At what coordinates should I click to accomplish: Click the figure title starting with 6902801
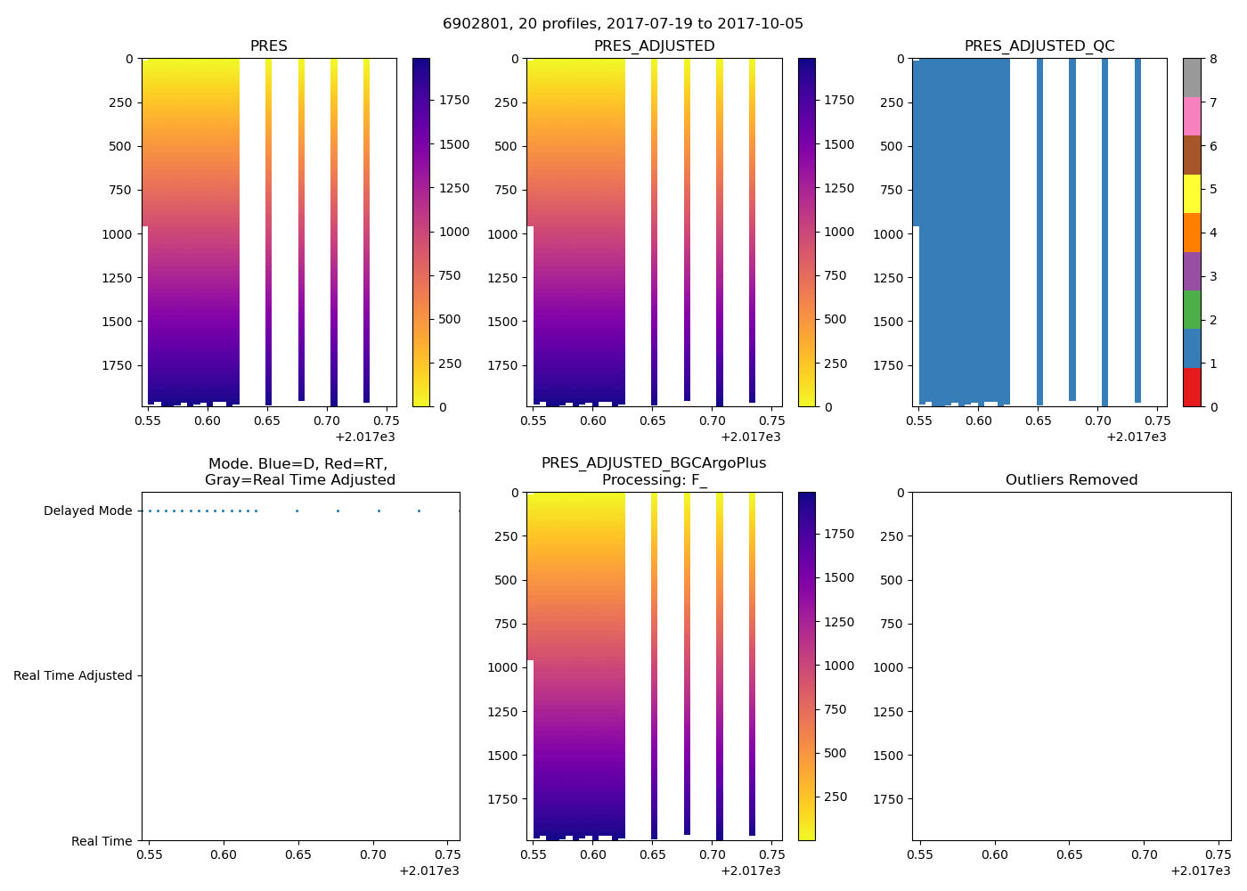623,24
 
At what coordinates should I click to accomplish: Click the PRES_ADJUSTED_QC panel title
1039,46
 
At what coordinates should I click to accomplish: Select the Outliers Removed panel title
1071,480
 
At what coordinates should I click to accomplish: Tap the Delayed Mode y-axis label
87,511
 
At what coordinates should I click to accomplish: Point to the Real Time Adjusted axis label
73,676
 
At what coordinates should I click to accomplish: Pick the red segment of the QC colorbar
1191,388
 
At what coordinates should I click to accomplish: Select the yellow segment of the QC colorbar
1191,193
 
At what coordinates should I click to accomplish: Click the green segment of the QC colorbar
1191,309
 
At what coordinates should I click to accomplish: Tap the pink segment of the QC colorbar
1191,116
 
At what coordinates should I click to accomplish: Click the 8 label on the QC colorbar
1213,60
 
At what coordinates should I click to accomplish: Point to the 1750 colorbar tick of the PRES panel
453,101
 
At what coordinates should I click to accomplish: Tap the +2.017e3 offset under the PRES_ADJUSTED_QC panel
1136,437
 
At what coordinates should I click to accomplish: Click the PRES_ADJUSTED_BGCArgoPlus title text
653,463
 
